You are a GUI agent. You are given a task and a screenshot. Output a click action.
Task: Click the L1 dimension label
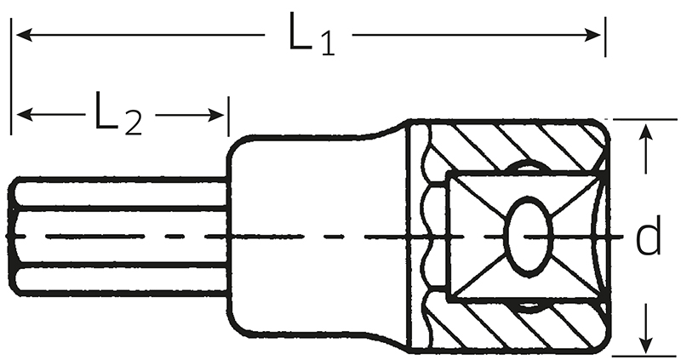312,34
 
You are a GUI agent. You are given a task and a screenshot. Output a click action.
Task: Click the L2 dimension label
118,112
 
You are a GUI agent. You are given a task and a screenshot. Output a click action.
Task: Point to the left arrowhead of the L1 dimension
25,35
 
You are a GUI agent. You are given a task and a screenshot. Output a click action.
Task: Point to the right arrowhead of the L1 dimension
592,35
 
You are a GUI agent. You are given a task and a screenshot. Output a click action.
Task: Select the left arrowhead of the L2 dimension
26,115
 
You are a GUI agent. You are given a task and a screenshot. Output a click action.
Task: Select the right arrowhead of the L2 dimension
216,115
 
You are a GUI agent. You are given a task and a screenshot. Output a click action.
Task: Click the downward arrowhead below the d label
647,344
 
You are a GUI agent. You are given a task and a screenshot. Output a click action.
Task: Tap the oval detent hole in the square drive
528,237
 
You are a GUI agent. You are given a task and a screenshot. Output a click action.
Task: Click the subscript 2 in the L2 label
133,123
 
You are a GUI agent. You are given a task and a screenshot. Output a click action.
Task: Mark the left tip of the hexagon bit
8,237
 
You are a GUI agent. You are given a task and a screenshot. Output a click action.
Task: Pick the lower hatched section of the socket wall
517,326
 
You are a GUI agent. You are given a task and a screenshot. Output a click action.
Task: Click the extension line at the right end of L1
605,37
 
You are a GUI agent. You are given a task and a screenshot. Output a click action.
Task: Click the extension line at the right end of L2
228,117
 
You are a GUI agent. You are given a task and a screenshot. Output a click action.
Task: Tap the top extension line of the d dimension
645,119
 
